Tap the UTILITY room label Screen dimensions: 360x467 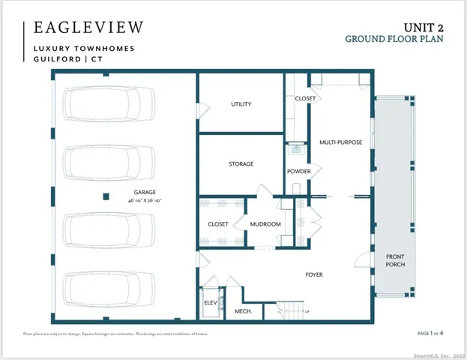(x=241, y=104)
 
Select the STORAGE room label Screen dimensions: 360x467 (x=241, y=163)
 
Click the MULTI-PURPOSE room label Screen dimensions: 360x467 (x=337, y=142)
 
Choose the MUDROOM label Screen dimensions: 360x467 (x=265, y=224)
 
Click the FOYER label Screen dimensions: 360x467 (x=314, y=274)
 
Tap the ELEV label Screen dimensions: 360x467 (x=211, y=301)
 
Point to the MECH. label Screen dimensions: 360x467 (x=242, y=310)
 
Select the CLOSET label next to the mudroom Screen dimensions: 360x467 (x=217, y=224)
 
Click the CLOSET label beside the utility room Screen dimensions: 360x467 (x=305, y=98)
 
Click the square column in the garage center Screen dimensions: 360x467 (x=106, y=197)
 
